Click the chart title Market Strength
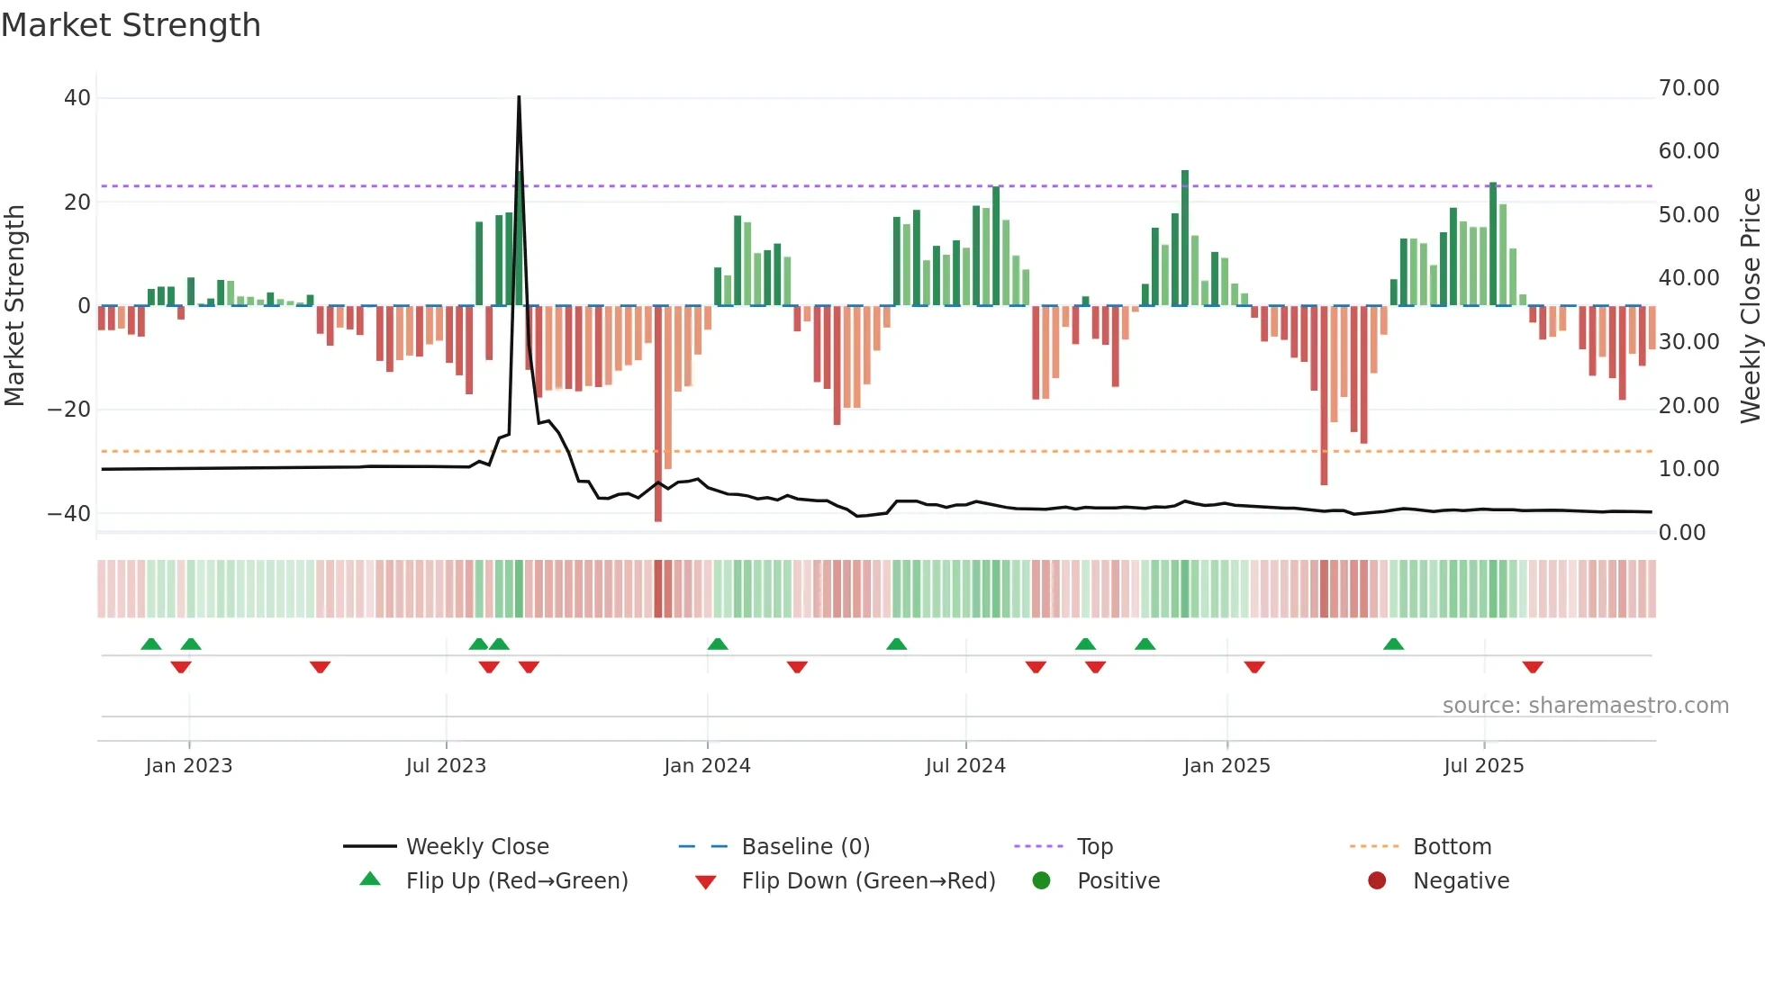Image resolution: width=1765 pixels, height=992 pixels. (x=131, y=25)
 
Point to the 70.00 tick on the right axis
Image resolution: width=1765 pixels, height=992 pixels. (x=1688, y=88)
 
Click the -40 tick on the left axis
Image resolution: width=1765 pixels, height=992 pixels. (x=69, y=514)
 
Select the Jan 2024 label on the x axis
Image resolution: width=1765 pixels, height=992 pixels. (x=707, y=766)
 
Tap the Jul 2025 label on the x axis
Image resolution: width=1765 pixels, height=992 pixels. (x=1483, y=766)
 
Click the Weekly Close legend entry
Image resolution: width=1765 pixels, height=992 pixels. (x=476, y=847)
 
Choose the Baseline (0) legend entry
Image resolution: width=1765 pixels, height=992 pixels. (x=805, y=847)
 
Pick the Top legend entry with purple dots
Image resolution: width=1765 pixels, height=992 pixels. (x=1094, y=847)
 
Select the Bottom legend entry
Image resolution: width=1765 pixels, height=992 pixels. (x=1452, y=847)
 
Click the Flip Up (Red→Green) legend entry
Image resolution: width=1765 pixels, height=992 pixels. (x=516, y=881)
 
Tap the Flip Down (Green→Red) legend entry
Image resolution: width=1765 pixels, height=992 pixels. (x=868, y=881)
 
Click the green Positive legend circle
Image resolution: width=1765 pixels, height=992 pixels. (x=1042, y=881)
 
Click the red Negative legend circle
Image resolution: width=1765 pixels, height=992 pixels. (x=1377, y=881)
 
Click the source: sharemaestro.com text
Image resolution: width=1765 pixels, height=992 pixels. (x=1585, y=706)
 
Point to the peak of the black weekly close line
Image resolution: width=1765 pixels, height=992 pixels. (x=519, y=97)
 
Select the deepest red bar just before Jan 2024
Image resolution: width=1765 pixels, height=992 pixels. (x=658, y=414)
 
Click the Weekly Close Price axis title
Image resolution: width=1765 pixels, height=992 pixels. (x=1750, y=306)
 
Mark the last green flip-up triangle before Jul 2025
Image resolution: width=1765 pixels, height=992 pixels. (x=1393, y=645)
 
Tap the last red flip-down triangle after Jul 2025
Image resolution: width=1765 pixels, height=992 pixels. (x=1533, y=667)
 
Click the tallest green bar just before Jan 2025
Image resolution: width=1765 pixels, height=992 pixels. (x=1185, y=238)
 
